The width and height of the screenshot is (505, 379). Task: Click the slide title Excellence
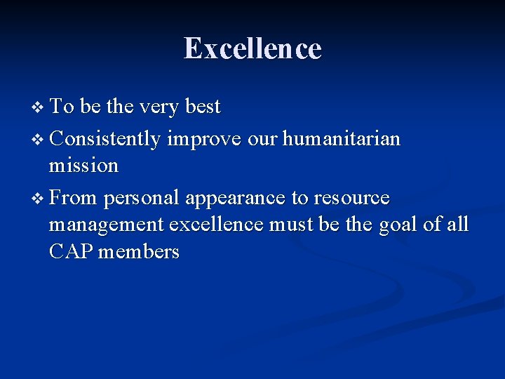[x=252, y=49]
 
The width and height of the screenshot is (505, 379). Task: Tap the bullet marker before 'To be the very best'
[x=38, y=107]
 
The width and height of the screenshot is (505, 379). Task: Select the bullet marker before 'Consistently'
[x=38, y=140]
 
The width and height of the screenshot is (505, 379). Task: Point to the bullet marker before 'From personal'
[x=38, y=199]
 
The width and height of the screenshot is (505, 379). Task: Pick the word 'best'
[x=203, y=107]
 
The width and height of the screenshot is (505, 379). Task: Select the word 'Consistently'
[x=105, y=139]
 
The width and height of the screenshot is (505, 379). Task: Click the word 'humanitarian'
[x=342, y=139]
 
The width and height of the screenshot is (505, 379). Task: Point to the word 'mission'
[x=83, y=166]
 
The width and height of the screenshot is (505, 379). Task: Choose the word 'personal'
[x=142, y=199]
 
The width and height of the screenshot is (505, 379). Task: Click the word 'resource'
[x=351, y=199]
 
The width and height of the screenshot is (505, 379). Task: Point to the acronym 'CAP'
[x=72, y=252]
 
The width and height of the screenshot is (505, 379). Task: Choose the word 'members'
[x=139, y=252]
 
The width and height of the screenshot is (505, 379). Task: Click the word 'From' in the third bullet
[x=73, y=199]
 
